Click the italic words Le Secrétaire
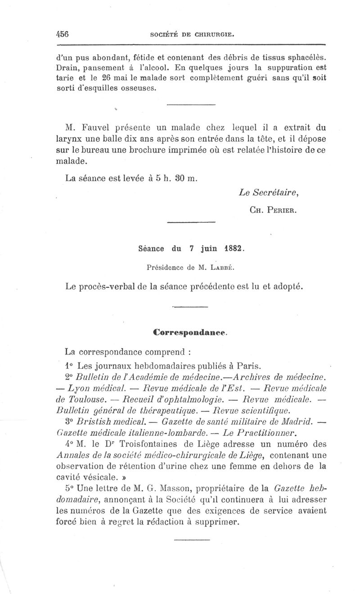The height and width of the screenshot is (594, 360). click(270, 193)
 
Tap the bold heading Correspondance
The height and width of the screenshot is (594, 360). click(190, 333)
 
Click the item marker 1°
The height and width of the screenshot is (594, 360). click(65, 365)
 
